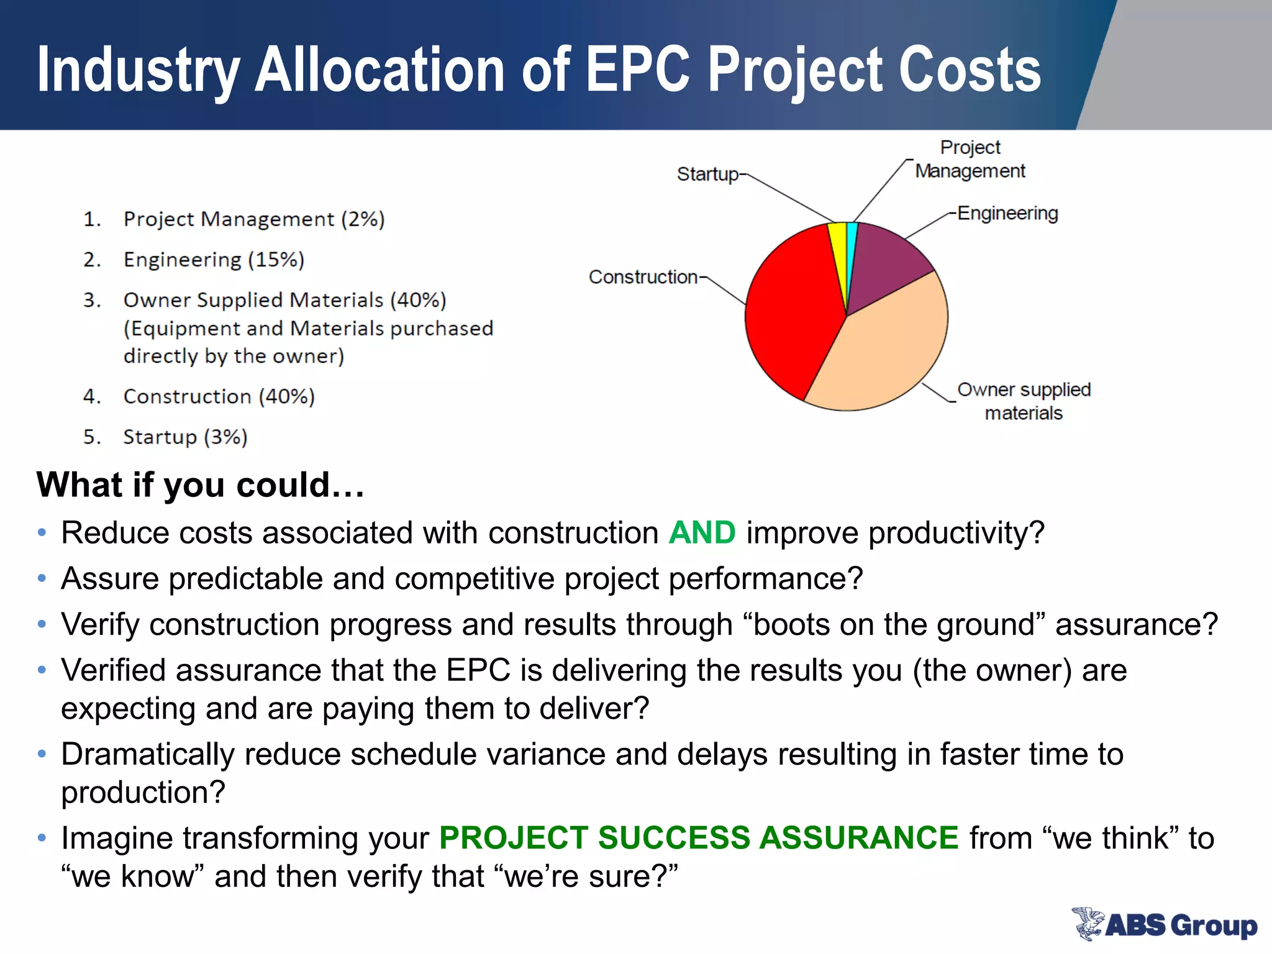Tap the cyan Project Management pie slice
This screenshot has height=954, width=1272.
pyautogui.click(x=852, y=239)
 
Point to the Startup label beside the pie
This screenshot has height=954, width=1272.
pyautogui.click(x=707, y=174)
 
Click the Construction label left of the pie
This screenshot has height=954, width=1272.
pyautogui.click(x=643, y=276)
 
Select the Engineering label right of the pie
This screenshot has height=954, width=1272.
pyautogui.click(x=1007, y=213)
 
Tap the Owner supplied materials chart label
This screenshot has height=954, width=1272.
pyautogui.click(x=1024, y=401)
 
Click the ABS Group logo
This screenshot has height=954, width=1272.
pyautogui.click(x=1165, y=924)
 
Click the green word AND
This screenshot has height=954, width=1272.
pyautogui.click(x=702, y=533)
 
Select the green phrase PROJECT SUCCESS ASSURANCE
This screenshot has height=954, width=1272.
pyautogui.click(x=699, y=837)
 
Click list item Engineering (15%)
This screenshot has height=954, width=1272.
pyautogui.click(x=214, y=260)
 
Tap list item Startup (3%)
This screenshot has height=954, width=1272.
pyautogui.click(x=185, y=437)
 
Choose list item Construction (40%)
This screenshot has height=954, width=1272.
pyautogui.click(x=219, y=396)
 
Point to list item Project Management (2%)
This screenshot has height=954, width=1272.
pyautogui.click(x=253, y=219)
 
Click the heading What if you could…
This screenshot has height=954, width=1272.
pyautogui.click(x=200, y=484)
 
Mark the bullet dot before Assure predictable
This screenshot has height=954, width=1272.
pyautogui.click(x=42, y=579)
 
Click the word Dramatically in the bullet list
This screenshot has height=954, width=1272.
pyautogui.click(x=147, y=754)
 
